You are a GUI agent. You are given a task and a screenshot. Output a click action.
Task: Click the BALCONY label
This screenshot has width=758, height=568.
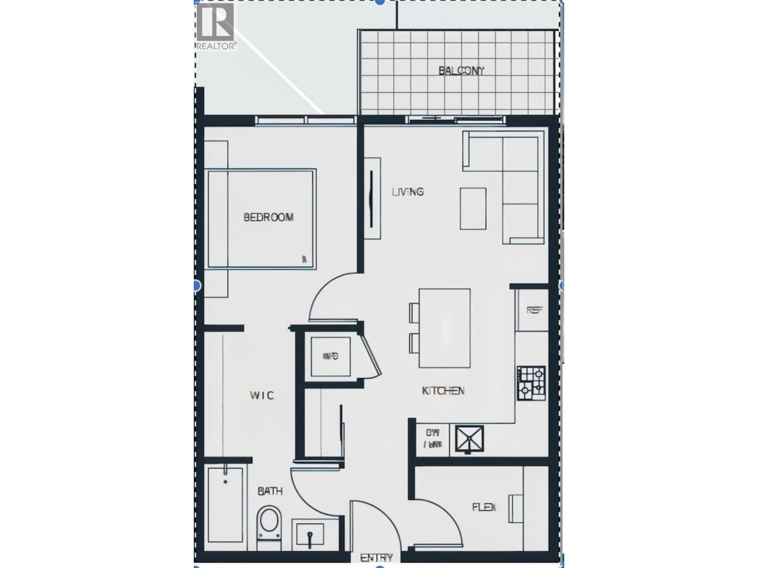pos(461,71)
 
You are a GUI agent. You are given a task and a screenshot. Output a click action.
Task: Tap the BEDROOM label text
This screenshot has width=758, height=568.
pos(268,217)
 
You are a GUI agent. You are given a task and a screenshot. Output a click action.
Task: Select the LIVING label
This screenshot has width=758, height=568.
pos(407,192)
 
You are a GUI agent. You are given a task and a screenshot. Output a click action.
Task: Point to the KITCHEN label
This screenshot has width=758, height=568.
pos(443,390)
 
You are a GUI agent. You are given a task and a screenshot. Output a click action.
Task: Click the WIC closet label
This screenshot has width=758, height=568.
pos(262,395)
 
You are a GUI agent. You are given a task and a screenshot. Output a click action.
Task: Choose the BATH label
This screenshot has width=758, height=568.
pos(270,491)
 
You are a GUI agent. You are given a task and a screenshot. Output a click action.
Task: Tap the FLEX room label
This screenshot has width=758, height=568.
pos(484,507)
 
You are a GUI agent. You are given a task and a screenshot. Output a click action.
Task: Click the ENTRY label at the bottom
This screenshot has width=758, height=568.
pos(376,558)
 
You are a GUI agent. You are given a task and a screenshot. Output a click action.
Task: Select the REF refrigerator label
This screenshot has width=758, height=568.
pos(534,310)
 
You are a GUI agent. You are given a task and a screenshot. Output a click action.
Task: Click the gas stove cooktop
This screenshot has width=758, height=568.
pos(531,383)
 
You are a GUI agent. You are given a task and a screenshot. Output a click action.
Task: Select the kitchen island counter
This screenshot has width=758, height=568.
pos(444,328)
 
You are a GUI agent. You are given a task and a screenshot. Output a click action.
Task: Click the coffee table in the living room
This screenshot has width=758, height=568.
pos(473,208)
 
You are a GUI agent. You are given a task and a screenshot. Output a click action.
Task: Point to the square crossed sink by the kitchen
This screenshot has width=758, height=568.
pos(469,438)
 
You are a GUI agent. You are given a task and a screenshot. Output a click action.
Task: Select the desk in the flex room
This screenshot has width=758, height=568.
pos(516,509)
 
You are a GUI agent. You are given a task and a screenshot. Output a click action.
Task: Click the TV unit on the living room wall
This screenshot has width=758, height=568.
pos(372,198)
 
